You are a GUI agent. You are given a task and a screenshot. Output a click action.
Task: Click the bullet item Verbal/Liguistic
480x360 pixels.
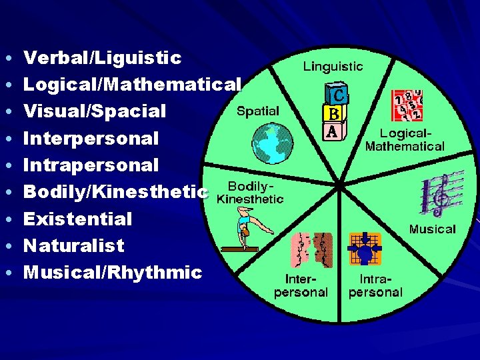pos(102,58)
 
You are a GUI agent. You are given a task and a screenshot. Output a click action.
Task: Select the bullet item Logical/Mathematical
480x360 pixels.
pos(132,85)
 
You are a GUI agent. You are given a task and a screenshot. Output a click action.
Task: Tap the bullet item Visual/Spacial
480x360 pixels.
pos(95,111)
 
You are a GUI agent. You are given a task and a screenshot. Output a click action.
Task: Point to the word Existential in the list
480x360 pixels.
pos(78,219)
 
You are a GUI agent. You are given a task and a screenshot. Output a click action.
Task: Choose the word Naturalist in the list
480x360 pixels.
pos(74,245)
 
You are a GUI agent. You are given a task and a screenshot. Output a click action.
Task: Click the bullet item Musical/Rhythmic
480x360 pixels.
pos(113,272)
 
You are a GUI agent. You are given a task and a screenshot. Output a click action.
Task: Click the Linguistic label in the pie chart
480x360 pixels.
pos(333,66)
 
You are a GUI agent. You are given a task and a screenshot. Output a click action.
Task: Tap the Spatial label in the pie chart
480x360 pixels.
pos(258,111)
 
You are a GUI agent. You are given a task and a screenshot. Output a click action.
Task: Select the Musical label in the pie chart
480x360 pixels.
pos(432,229)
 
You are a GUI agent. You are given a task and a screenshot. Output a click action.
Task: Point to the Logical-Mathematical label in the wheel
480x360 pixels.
pos(405,139)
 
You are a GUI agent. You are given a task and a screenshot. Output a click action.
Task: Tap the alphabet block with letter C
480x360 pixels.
pos(335,94)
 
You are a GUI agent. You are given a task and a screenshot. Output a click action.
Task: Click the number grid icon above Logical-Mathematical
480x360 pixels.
pos(407,105)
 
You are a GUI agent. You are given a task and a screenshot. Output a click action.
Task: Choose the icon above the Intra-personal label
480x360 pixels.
pos(365,249)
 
